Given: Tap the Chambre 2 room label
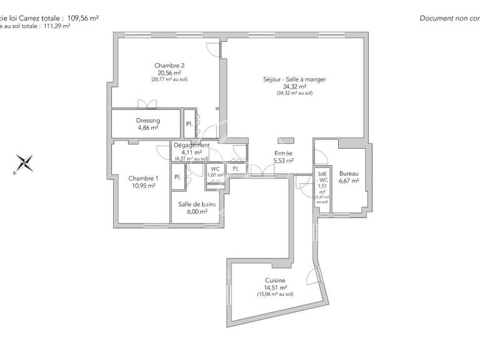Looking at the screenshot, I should pyautogui.click(x=169, y=66).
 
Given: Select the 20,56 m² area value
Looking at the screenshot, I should pyautogui.click(x=169, y=72).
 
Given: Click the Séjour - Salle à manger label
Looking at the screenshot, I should pyautogui.click(x=294, y=79).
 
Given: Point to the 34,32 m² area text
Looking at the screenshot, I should pyautogui.click(x=294, y=86).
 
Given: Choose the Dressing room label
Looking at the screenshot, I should pyautogui.click(x=148, y=121).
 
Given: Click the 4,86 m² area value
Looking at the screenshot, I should pyautogui.click(x=148, y=127).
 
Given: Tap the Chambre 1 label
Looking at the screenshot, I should pyautogui.click(x=143, y=178).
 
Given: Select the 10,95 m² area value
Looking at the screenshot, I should pyautogui.click(x=143, y=186).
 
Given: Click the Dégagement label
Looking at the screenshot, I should pyautogui.click(x=191, y=145).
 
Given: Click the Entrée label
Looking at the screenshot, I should pyautogui.click(x=284, y=153).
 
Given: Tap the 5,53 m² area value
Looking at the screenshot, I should pyautogui.click(x=284, y=161).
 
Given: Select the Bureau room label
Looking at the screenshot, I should pyautogui.click(x=349, y=174).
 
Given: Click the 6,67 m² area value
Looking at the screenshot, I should pyautogui.click(x=349, y=181).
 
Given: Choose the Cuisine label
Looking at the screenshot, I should pyautogui.click(x=275, y=281).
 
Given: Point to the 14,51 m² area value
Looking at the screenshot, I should pyautogui.click(x=275, y=287).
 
